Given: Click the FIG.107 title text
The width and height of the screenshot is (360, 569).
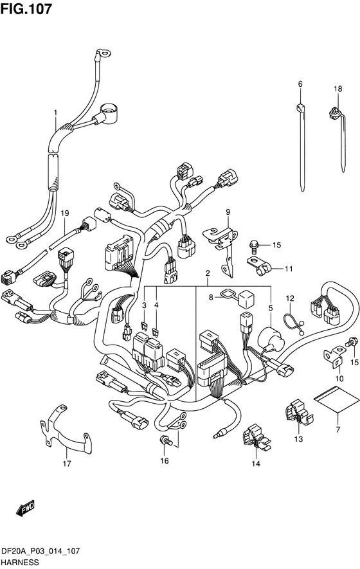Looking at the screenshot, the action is point(26,9).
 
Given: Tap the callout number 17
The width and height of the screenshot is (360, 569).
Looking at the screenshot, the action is point(67,463).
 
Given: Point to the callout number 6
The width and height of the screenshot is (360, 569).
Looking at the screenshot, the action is point(300,84).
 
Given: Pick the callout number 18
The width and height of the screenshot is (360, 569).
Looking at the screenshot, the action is point(338,89).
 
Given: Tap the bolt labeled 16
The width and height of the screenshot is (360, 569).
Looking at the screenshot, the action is point(165,440).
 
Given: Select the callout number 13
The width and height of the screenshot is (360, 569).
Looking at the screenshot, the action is point(298,439).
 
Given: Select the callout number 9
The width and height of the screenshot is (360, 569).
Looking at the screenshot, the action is point(228,212).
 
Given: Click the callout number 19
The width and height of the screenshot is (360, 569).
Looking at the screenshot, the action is point(64,213).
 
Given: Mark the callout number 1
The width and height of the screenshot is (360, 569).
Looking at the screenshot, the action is point(55,113).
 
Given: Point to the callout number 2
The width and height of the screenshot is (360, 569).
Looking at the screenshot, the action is point(208,273).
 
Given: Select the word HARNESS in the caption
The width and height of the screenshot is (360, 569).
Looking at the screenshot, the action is point(20,562).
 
